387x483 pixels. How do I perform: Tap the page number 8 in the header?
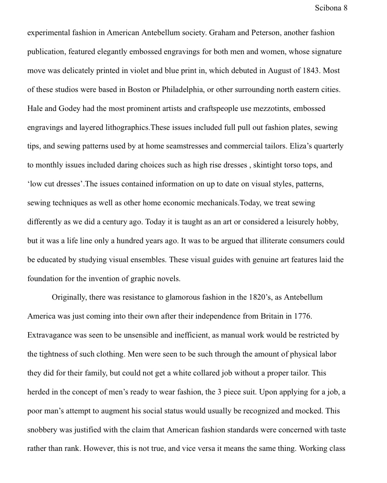coord(345,8)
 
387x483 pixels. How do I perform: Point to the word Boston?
coord(139,90)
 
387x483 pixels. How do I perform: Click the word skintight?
coord(268,166)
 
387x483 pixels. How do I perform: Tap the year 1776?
coord(302,317)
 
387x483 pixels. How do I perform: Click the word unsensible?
coord(140,336)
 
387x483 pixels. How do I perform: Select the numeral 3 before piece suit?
coord(219,393)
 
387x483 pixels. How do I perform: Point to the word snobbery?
coord(42,430)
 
